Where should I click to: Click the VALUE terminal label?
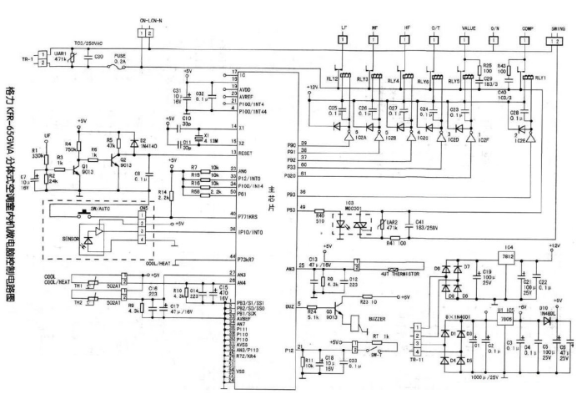click(x=464, y=28)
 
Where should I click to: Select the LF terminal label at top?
click(x=344, y=28)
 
